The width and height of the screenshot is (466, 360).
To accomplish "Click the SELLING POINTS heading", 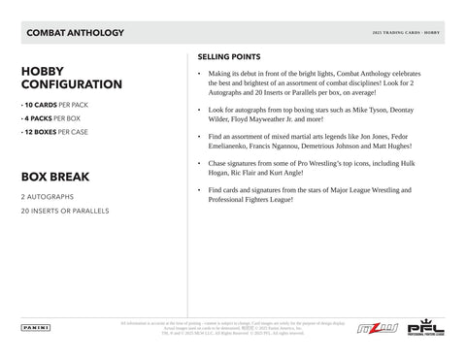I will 231,56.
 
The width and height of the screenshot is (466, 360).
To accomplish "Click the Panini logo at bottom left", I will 33,328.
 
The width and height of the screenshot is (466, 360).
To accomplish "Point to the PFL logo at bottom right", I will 425,328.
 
